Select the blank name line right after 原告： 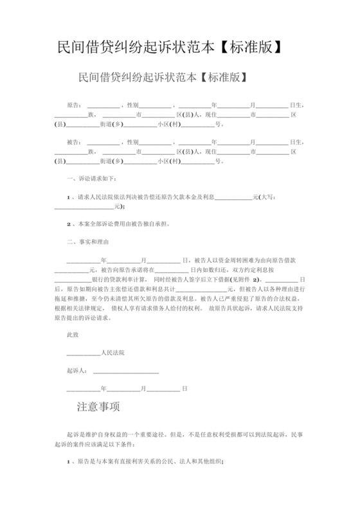[103, 105]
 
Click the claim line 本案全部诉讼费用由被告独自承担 [122, 224]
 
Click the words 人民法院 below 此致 [113, 353]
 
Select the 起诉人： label [76, 371]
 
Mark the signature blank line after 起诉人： [122, 371]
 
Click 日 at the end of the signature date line [184, 389]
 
